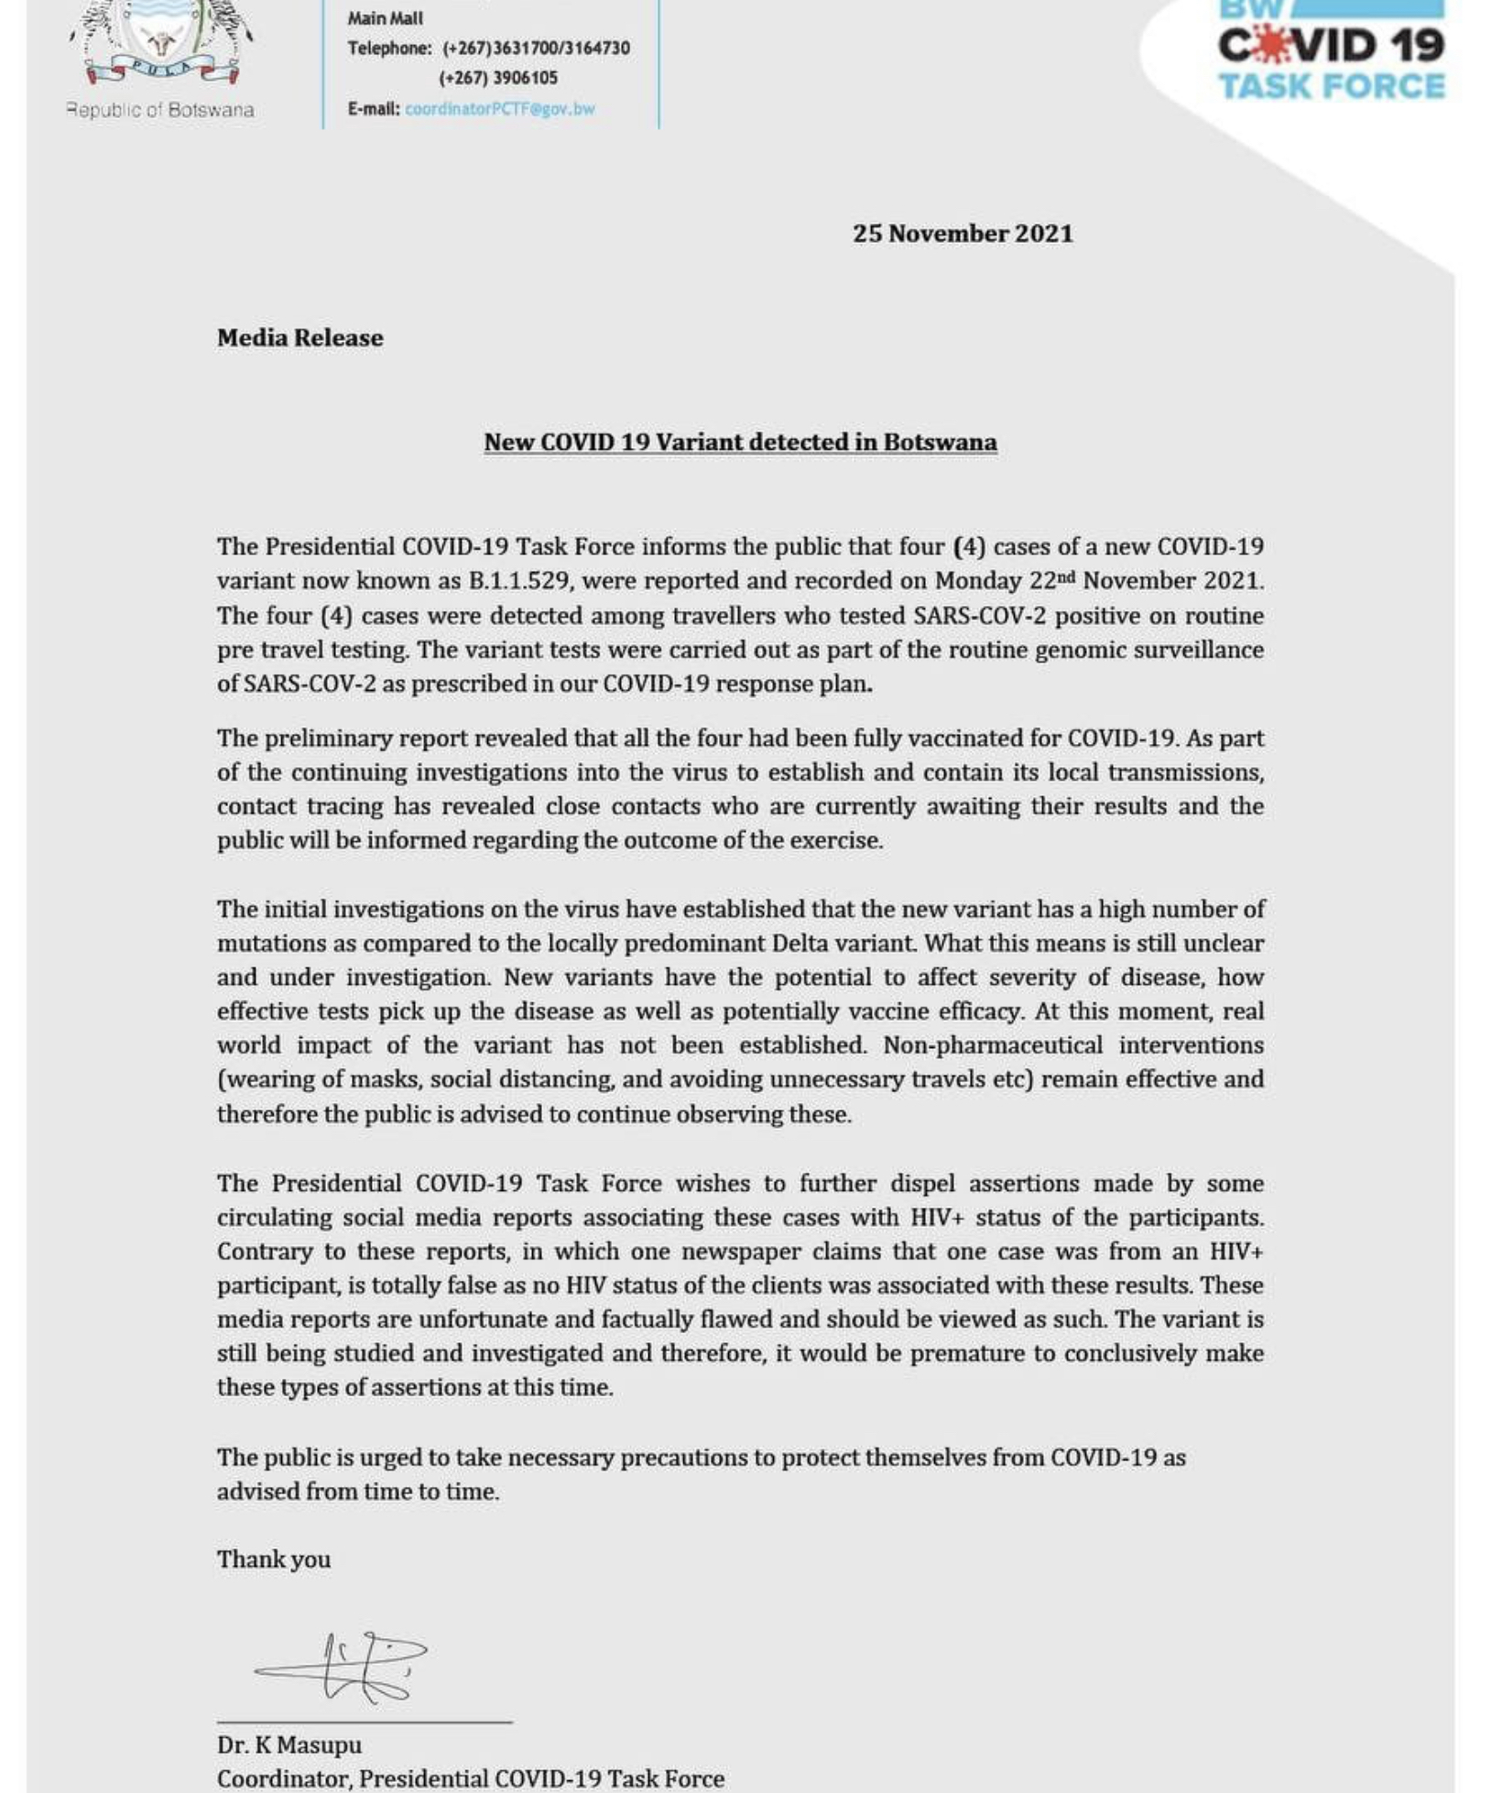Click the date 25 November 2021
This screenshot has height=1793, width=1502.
(x=962, y=234)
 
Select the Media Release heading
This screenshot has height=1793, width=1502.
(x=299, y=338)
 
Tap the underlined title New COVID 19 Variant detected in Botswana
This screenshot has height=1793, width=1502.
(x=740, y=443)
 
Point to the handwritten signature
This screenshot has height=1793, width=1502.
(x=343, y=1667)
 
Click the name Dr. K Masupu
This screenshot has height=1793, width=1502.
(x=288, y=1744)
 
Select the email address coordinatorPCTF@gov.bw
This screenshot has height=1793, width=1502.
(x=499, y=109)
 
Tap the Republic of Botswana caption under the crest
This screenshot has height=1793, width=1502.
(x=160, y=110)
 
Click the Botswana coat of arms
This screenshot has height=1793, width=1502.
(x=161, y=41)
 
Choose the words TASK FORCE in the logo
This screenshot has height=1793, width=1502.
(x=1331, y=87)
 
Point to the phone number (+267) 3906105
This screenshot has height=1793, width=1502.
(x=497, y=79)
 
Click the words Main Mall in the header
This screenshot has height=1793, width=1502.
(x=385, y=18)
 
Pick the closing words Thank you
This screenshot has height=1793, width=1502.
(x=273, y=1559)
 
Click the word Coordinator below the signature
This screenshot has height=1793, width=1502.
(x=284, y=1778)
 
